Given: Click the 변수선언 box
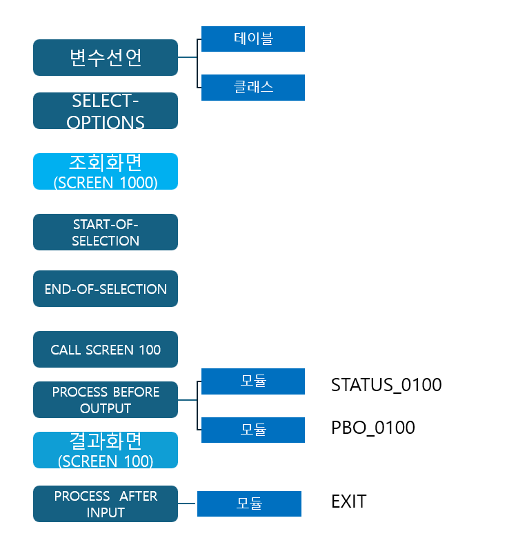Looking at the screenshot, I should click(106, 57).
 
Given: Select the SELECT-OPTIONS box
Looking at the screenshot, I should click(106, 111).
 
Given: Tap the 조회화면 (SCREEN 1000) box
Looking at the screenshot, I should click(106, 171).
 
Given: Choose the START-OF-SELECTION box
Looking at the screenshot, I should click(106, 232).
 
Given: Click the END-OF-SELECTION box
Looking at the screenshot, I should click(106, 289).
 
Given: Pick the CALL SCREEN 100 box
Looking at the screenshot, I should click(106, 350).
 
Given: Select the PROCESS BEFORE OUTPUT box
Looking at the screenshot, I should click(106, 400).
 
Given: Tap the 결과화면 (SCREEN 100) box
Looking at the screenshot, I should click(106, 450).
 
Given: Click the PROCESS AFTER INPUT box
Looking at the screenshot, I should click(106, 504).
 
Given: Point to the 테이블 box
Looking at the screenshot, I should click(253, 39).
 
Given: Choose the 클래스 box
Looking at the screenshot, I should click(253, 88).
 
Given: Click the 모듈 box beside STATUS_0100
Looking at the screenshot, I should click(253, 381).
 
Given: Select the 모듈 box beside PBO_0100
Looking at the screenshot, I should click(253, 430).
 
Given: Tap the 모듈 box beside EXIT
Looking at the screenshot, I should click(249, 504).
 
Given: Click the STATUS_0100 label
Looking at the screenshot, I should click(386, 385).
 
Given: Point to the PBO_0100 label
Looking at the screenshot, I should click(373, 428).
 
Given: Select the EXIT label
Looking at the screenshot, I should click(349, 501).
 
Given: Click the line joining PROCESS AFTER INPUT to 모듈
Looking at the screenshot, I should click(188, 504).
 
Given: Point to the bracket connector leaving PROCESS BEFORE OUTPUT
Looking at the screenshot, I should click(197, 400).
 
